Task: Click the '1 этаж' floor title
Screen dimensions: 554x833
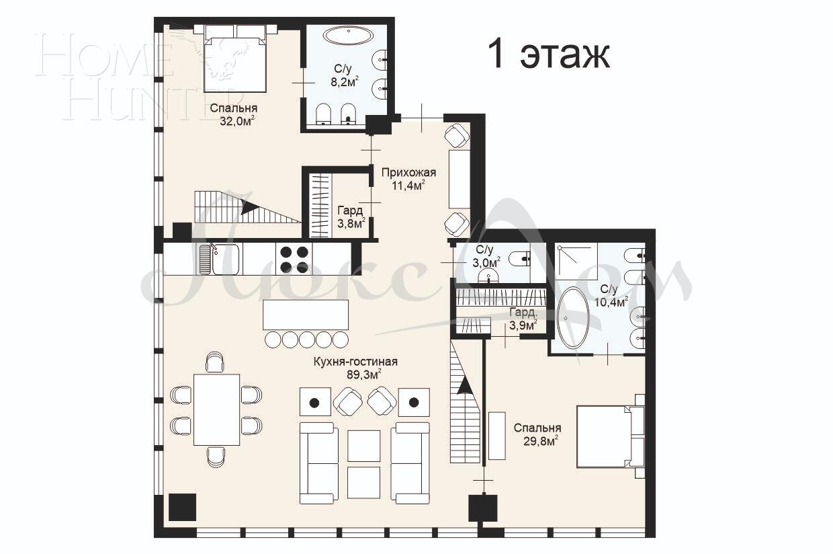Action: point(548,54)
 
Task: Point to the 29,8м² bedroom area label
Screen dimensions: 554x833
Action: point(537,434)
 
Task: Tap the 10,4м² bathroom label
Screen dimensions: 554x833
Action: point(610,296)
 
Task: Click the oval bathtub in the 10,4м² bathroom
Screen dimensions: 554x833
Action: point(572,317)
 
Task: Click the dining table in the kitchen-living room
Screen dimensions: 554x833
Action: point(216,409)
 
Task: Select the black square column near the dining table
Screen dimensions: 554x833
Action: point(181,507)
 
